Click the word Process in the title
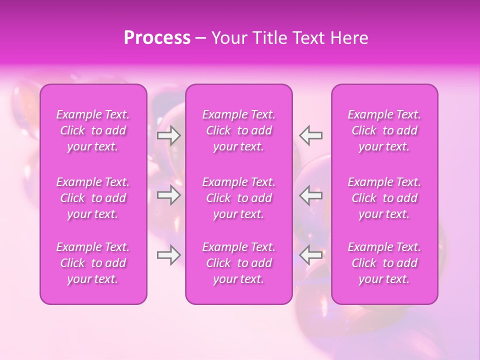point(157,38)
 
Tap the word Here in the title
point(348,38)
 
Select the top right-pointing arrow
point(169,135)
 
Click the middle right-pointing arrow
point(169,195)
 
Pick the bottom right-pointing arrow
point(169,255)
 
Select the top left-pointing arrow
point(311,135)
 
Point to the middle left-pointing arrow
point(311,195)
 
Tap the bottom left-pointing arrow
point(311,255)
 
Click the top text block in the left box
point(93,130)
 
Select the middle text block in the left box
point(93,198)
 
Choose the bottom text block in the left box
point(93,263)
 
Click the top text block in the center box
point(239,130)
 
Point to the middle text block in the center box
point(239,198)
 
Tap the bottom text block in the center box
point(239,263)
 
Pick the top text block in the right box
point(384,130)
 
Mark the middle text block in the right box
point(384,198)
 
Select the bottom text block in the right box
point(384,263)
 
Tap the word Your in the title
point(227,38)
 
